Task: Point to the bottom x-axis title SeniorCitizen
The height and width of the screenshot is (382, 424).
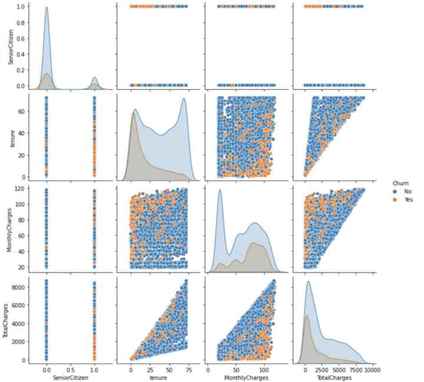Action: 70,377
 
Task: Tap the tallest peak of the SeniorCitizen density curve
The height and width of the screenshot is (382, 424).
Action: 47,8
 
